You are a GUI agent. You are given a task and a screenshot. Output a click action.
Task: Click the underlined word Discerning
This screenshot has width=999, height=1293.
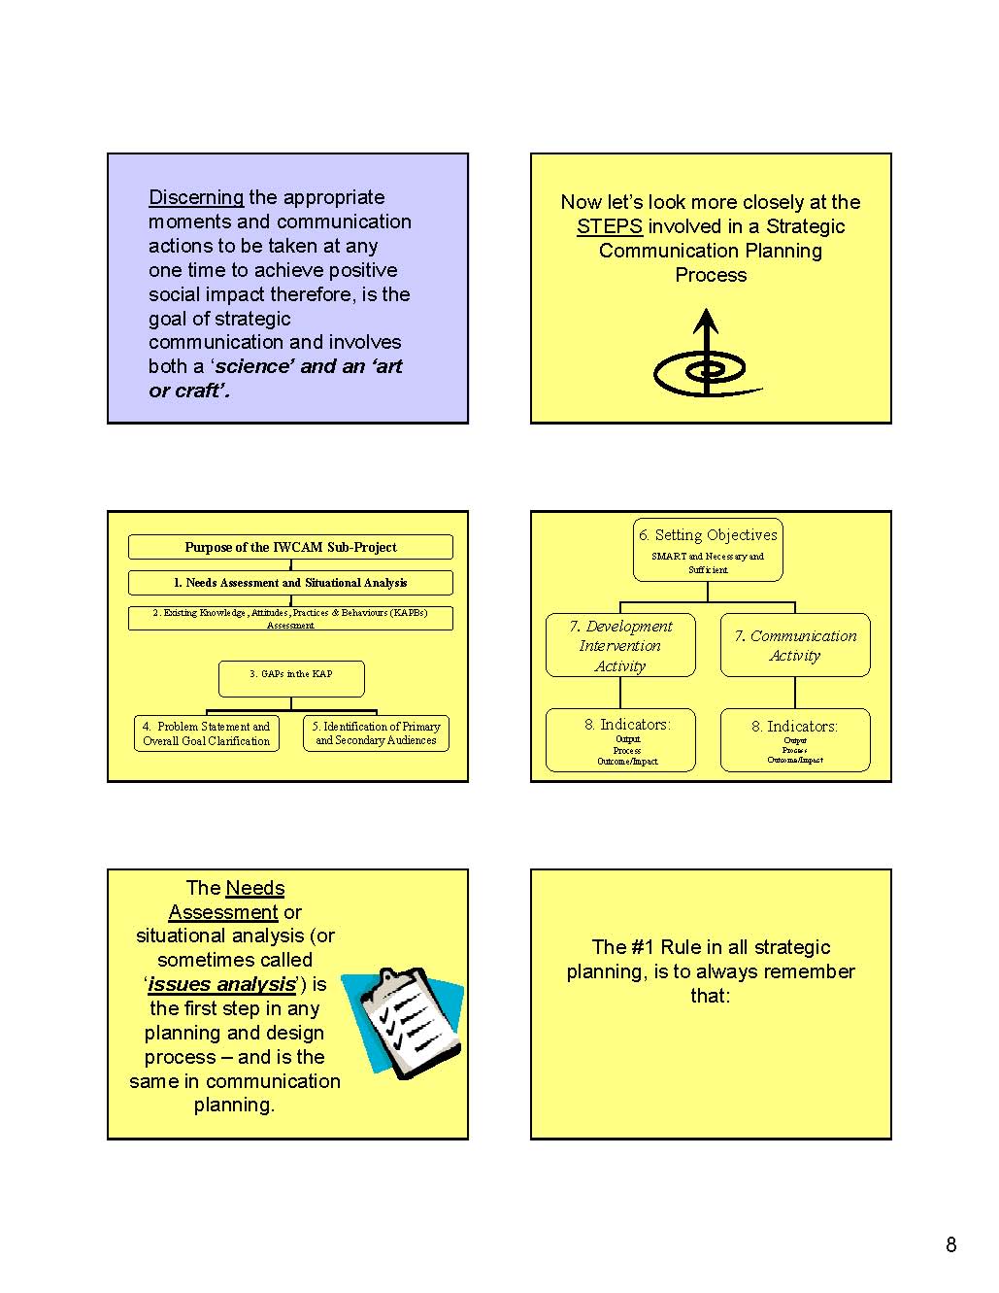[196, 197]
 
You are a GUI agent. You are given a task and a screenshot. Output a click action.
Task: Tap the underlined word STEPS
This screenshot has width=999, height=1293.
[609, 226]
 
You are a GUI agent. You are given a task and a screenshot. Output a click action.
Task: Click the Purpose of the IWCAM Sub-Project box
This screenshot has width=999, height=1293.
[290, 547]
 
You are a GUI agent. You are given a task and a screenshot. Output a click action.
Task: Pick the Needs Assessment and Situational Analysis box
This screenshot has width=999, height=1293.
[290, 583]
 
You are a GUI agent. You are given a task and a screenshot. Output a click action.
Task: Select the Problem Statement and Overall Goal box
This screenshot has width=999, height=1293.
[206, 733]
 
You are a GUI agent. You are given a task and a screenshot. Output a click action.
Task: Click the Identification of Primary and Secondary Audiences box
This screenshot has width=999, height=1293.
[376, 733]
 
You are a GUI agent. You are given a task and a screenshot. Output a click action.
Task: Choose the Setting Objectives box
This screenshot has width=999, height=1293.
[708, 550]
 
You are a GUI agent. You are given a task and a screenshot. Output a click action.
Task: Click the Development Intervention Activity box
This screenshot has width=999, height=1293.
[619, 645]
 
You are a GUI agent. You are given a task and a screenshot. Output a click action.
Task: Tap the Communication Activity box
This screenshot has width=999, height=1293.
[795, 645]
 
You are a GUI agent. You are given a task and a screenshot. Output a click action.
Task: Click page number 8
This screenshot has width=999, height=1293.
[950, 1244]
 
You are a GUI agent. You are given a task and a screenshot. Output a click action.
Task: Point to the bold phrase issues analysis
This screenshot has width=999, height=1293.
[220, 984]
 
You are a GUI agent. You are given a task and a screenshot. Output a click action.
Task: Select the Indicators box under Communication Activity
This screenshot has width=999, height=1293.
[795, 740]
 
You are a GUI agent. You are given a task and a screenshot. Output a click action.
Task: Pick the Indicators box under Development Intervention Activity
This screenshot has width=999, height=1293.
[620, 740]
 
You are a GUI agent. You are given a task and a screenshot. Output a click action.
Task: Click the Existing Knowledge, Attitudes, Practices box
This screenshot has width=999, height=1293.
[290, 619]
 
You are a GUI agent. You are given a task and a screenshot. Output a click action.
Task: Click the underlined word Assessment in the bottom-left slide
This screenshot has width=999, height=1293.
[223, 912]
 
